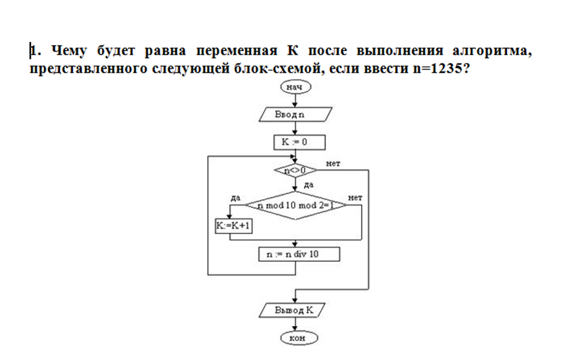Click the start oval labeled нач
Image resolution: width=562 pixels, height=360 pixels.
click(x=295, y=86)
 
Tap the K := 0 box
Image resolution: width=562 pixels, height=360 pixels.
click(x=299, y=143)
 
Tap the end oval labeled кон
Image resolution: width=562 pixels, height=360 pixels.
click(x=296, y=338)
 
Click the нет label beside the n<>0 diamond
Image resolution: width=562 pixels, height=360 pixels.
click(x=334, y=163)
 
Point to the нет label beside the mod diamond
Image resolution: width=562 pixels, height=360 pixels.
click(x=356, y=198)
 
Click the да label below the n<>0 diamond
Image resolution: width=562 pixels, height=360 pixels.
click(x=308, y=184)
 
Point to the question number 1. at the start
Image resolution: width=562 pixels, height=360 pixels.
click(x=35, y=51)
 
